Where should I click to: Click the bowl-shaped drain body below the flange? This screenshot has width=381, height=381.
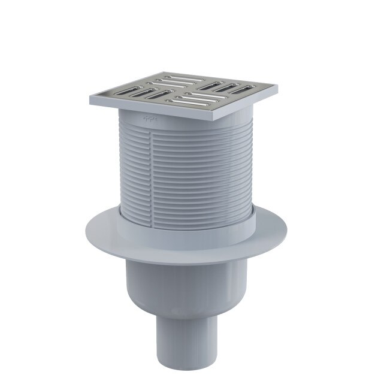pyautogui.click(x=190, y=282)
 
